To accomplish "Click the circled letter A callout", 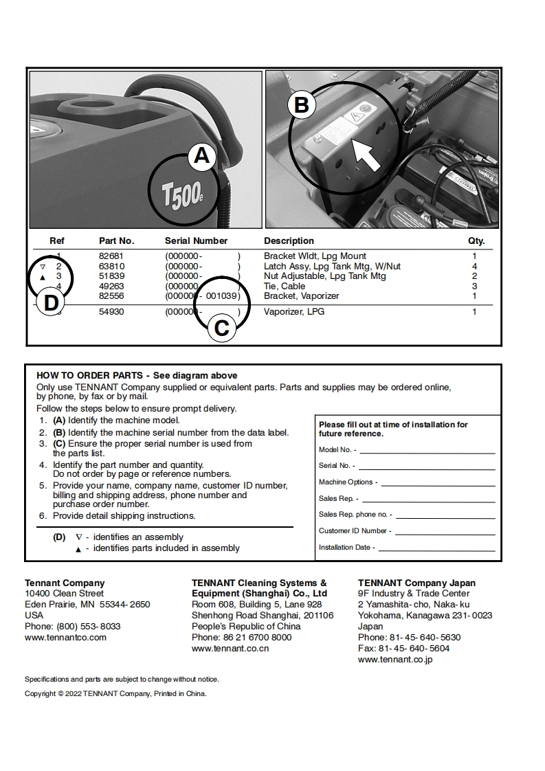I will pyautogui.click(x=201, y=156).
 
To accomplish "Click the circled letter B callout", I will pyautogui.click(x=301, y=105).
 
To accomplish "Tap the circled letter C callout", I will pyautogui.click(x=221, y=328).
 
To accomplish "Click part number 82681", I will pyautogui.click(x=111, y=256).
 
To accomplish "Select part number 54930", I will pyautogui.click(x=111, y=312).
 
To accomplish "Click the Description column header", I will pyautogui.click(x=289, y=241).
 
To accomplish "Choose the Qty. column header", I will pyautogui.click(x=476, y=241).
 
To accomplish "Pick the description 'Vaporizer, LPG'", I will pyautogui.click(x=294, y=312).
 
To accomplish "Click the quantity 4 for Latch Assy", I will pyautogui.click(x=474, y=266).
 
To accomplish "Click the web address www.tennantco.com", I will pyautogui.click(x=65, y=637).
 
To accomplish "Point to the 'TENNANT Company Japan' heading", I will pyautogui.click(x=416, y=583).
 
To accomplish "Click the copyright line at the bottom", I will pyautogui.click(x=115, y=693).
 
